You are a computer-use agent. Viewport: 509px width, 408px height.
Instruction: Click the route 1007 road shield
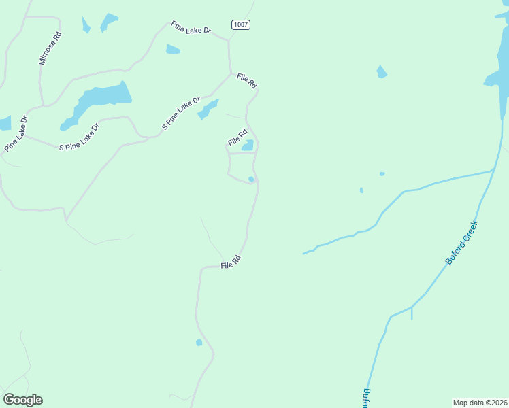tap(240, 24)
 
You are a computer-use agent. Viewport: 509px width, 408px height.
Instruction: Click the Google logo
tap(22, 400)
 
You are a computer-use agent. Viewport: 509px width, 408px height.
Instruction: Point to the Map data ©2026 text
tap(480, 402)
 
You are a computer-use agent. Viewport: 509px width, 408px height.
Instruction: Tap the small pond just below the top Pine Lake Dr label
tap(173, 50)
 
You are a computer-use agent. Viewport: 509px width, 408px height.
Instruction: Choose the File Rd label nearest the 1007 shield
tap(246, 80)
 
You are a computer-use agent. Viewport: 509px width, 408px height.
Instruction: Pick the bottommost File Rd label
tap(231, 262)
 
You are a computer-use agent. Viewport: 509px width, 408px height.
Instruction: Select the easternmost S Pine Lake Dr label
tap(181, 114)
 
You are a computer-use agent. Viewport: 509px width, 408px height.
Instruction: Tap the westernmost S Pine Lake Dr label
tap(79, 136)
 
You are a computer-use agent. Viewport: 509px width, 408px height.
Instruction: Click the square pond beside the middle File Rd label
tap(248, 145)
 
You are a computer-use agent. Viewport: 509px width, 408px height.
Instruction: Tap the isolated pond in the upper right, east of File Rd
tap(382, 71)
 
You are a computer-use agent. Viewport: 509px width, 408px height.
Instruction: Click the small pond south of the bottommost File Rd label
tap(199, 342)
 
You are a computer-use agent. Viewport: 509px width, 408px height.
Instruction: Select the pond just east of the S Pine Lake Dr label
tap(208, 109)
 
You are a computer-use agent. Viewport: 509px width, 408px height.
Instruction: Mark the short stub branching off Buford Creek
tap(412, 313)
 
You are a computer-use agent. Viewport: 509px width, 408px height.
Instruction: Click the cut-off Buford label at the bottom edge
tap(366, 397)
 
